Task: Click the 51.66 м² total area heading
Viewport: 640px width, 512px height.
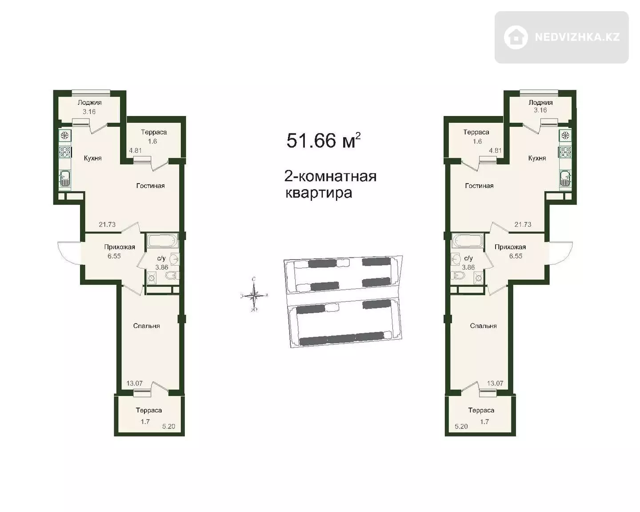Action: pos(323,140)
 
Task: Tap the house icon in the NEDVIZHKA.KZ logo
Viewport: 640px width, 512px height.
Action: pos(516,37)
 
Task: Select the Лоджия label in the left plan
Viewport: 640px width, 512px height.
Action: pos(89,103)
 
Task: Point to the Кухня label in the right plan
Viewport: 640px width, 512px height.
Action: pos(537,158)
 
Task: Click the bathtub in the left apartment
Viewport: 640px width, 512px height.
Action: pos(162,240)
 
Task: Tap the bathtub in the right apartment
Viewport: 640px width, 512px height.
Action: pos(467,240)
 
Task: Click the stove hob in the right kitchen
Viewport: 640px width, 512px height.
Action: pos(564,152)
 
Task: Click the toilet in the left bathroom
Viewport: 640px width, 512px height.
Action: pos(172,276)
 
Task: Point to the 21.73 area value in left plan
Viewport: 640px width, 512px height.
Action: pos(107,224)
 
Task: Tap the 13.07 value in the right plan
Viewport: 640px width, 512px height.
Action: pos(495,383)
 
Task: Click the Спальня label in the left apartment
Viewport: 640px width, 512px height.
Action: pos(146,326)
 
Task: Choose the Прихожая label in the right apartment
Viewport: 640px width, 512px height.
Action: pos(510,247)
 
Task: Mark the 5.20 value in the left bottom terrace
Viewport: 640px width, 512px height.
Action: pos(168,426)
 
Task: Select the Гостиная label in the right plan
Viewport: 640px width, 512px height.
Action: pos(479,186)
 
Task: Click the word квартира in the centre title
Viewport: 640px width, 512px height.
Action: pos(319,193)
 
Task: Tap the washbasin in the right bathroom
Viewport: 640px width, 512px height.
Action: pos(455,259)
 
